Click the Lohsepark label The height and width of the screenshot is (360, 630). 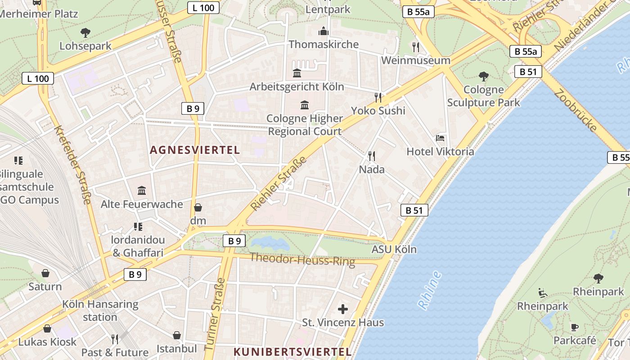point(85,46)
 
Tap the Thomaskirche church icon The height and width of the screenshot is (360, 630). point(323,31)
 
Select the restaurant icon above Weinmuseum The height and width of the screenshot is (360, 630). point(416,47)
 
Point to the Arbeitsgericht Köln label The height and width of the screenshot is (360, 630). point(297,86)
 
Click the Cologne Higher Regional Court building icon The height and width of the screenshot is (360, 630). point(305,105)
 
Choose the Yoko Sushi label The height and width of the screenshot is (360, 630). point(378,111)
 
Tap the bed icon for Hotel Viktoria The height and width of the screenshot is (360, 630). point(440,138)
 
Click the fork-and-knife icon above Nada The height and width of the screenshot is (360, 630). point(372,156)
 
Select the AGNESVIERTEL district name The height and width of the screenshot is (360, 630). point(195,150)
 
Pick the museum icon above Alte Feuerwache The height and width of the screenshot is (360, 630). point(142,191)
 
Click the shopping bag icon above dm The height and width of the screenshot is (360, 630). point(198,207)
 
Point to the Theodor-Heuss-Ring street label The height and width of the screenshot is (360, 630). point(302,259)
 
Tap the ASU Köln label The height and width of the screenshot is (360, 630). point(394,249)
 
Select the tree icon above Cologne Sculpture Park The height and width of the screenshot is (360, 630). point(484,76)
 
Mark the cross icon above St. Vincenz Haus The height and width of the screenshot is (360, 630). point(343,309)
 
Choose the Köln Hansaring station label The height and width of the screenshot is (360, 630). point(100,310)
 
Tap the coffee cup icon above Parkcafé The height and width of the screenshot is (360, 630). point(575,327)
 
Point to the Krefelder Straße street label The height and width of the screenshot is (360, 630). point(73,165)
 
